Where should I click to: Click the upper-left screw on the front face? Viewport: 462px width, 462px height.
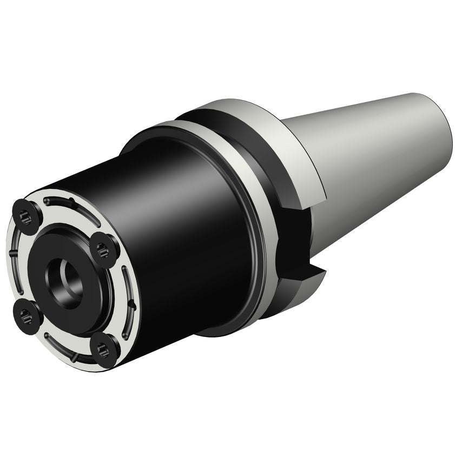(25, 216)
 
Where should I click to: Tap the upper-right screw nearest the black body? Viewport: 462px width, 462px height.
(103, 249)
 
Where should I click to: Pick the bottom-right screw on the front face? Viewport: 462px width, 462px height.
(104, 349)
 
